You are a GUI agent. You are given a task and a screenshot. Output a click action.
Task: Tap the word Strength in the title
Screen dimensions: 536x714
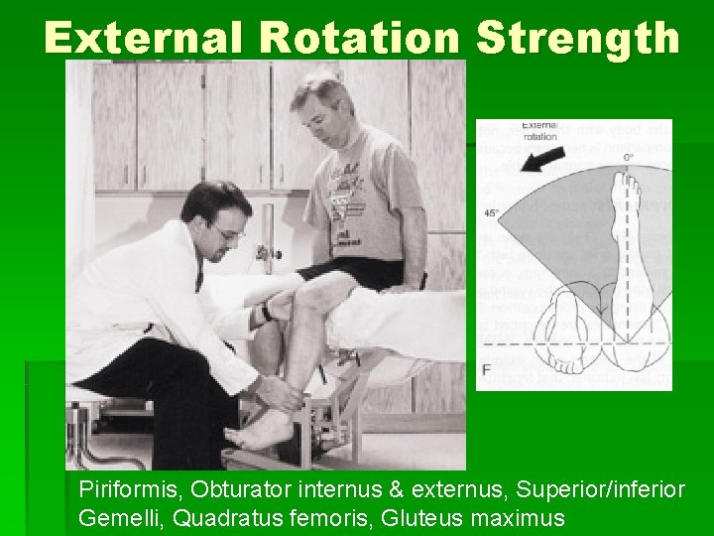[x=578, y=39]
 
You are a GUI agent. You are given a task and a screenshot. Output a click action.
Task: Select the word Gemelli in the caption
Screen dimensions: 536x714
[x=115, y=517]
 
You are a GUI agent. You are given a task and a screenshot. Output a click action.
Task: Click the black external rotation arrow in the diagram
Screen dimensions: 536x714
[x=542, y=156]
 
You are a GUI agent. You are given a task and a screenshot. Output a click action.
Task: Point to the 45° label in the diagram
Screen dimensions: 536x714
[x=490, y=211]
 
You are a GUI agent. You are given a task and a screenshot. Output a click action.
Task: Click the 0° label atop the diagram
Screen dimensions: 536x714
[x=628, y=157]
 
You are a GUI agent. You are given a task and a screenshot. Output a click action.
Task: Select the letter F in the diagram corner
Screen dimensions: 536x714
[x=486, y=368]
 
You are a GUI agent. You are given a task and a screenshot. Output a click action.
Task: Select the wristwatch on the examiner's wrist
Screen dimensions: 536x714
[x=266, y=313]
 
